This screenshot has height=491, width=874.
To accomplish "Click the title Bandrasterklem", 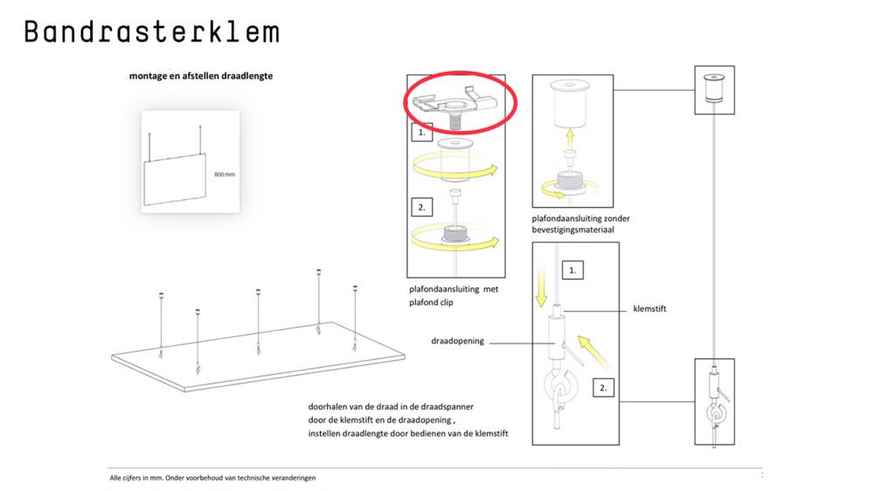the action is click(x=151, y=31).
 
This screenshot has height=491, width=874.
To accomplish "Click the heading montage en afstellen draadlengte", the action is click(x=201, y=76).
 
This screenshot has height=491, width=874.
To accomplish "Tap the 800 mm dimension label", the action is click(x=225, y=175).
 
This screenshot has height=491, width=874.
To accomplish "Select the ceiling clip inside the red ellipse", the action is click(x=454, y=106).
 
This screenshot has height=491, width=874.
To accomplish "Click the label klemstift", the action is click(x=649, y=308).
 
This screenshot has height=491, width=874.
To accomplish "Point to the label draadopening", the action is click(x=457, y=341).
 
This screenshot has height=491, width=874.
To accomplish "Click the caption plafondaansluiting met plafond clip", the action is click(x=454, y=296).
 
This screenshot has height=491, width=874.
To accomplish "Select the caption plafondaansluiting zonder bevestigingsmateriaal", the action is click(x=580, y=224).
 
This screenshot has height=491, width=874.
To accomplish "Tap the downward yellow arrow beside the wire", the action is click(x=541, y=286).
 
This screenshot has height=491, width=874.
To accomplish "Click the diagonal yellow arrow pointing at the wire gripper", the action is click(x=593, y=352).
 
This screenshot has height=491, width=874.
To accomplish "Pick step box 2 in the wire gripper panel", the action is click(x=603, y=388).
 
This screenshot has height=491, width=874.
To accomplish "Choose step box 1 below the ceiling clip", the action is click(x=421, y=133).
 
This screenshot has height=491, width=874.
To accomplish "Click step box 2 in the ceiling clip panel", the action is click(x=421, y=207).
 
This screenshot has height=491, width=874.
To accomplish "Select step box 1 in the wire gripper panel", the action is click(x=572, y=270).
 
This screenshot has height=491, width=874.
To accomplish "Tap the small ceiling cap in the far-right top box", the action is click(x=713, y=88).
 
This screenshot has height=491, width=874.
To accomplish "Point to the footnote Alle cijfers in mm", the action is click(x=212, y=478).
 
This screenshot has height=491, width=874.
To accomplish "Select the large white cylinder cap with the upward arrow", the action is click(x=570, y=104).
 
